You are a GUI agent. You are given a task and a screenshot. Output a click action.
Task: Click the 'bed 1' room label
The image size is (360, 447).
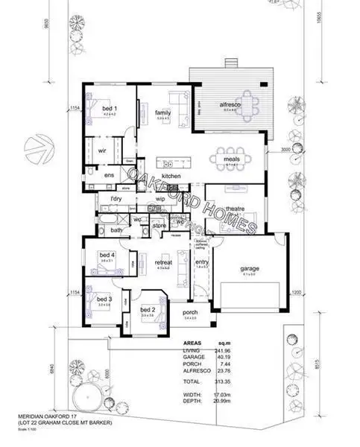click(109, 109)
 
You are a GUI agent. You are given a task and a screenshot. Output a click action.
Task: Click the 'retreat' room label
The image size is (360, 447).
click(163, 262)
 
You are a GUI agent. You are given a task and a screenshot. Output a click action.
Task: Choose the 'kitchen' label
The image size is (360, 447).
click(171, 176)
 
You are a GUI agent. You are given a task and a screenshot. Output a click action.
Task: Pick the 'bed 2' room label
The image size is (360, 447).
click(148, 309)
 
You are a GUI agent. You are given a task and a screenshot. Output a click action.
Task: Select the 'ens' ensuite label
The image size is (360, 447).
click(109, 175)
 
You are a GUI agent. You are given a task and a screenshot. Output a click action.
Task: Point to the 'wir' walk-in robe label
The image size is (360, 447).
click(103, 150)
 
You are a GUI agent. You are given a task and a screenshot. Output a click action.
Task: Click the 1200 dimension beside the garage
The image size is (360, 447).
click(295, 293)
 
